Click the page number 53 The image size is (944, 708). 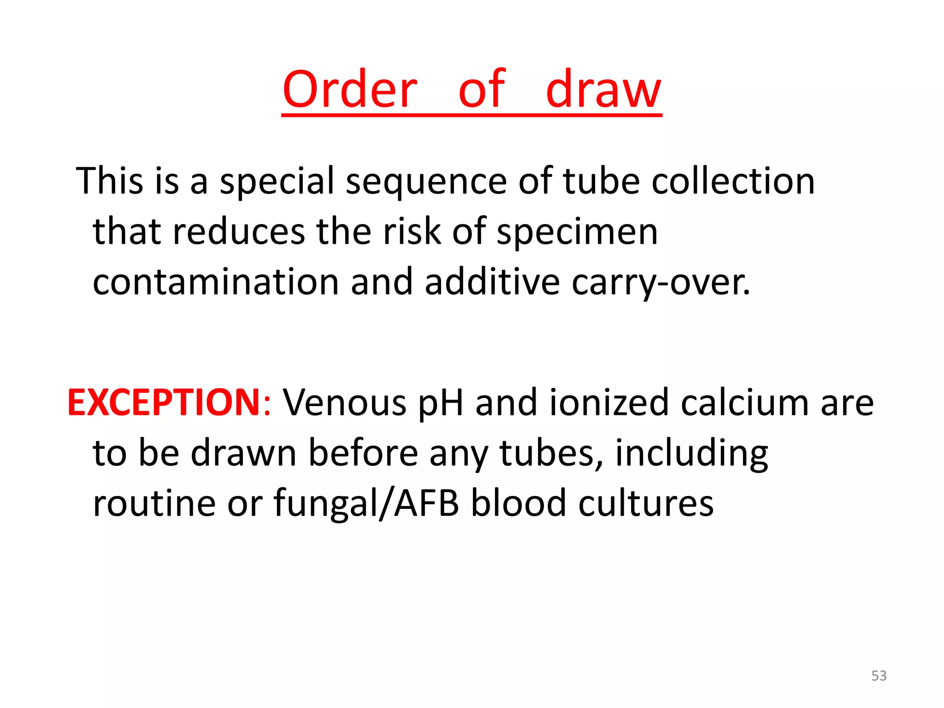coord(879,676)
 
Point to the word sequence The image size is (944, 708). coord(426,181)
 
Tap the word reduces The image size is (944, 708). coord(238,231)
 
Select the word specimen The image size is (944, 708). coord(577,232)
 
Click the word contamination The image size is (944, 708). coord(216,282)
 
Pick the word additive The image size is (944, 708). coord(492,282)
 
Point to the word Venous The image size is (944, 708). coord(345,403)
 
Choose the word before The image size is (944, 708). coord(363,453)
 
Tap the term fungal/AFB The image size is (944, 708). coord(366,504)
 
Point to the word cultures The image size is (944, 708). coord(646,503)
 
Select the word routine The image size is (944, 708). coord(154,503)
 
